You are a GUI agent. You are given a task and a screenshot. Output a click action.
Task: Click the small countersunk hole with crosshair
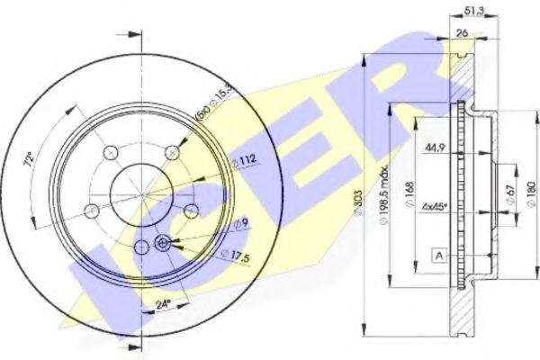[164, 243]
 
